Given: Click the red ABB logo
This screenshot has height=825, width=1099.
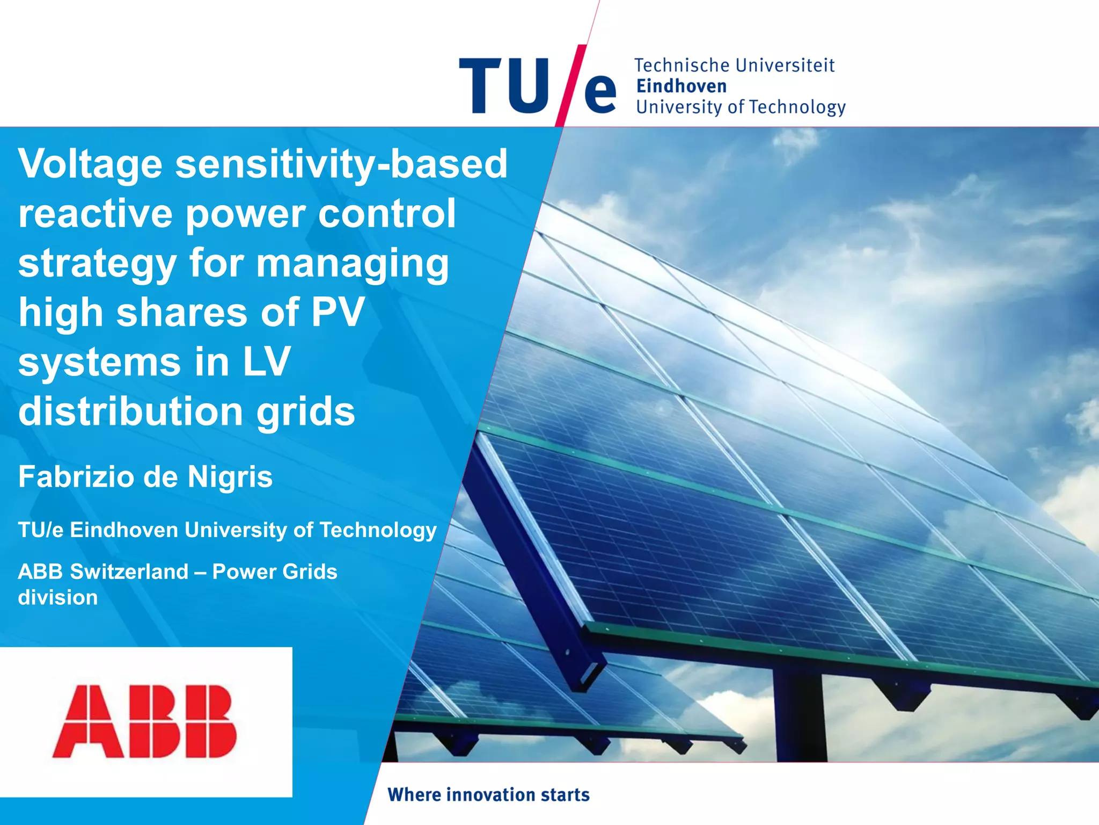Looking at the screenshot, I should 145,721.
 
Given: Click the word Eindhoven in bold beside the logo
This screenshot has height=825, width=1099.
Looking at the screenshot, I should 682,86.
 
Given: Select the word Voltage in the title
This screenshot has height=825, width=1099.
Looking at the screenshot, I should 90,164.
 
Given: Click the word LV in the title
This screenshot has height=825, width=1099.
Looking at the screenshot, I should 267,361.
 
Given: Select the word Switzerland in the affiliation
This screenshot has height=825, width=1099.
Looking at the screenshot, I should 129,571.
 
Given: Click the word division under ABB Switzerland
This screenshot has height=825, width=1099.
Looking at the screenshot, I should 58,597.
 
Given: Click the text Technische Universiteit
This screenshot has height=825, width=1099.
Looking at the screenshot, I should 734,66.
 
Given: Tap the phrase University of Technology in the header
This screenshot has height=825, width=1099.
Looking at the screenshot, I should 741,107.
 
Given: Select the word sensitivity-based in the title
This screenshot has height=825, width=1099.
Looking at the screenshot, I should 341,164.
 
